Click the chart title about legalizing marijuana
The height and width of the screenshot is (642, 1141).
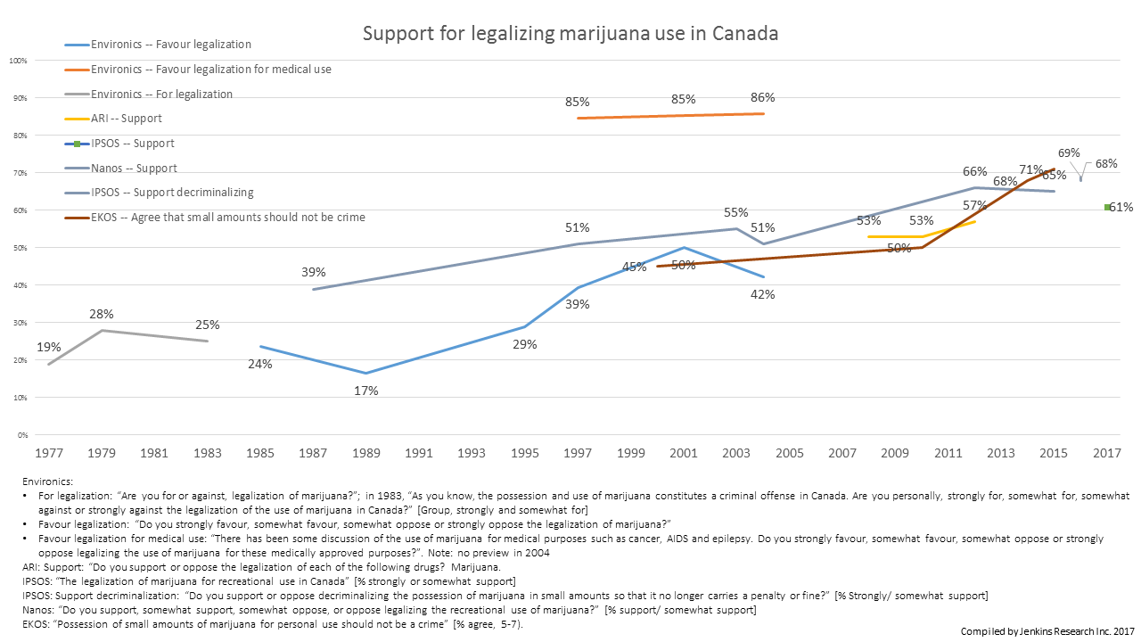tap(570, 34)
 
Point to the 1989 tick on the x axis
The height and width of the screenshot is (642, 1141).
tap(365, 453)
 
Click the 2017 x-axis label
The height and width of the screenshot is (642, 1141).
tap(1106, 453)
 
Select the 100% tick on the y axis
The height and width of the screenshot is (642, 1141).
tap(17, 61)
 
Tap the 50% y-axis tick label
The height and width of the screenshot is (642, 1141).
tap(19, 248)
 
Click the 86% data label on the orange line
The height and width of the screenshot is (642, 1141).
tap(763, 98)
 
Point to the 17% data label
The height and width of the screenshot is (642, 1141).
tap(366, 391)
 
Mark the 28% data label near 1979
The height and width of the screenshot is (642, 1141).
tap(101, 314)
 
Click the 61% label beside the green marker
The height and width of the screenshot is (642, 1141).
tap(1121, 208)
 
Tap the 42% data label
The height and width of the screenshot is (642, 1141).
tap(763, 295)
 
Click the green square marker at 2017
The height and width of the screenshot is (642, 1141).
tap(1107, 207)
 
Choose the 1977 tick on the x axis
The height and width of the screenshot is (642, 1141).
tap(48, 453)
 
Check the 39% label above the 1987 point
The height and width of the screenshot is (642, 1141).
tap(314, 272)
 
